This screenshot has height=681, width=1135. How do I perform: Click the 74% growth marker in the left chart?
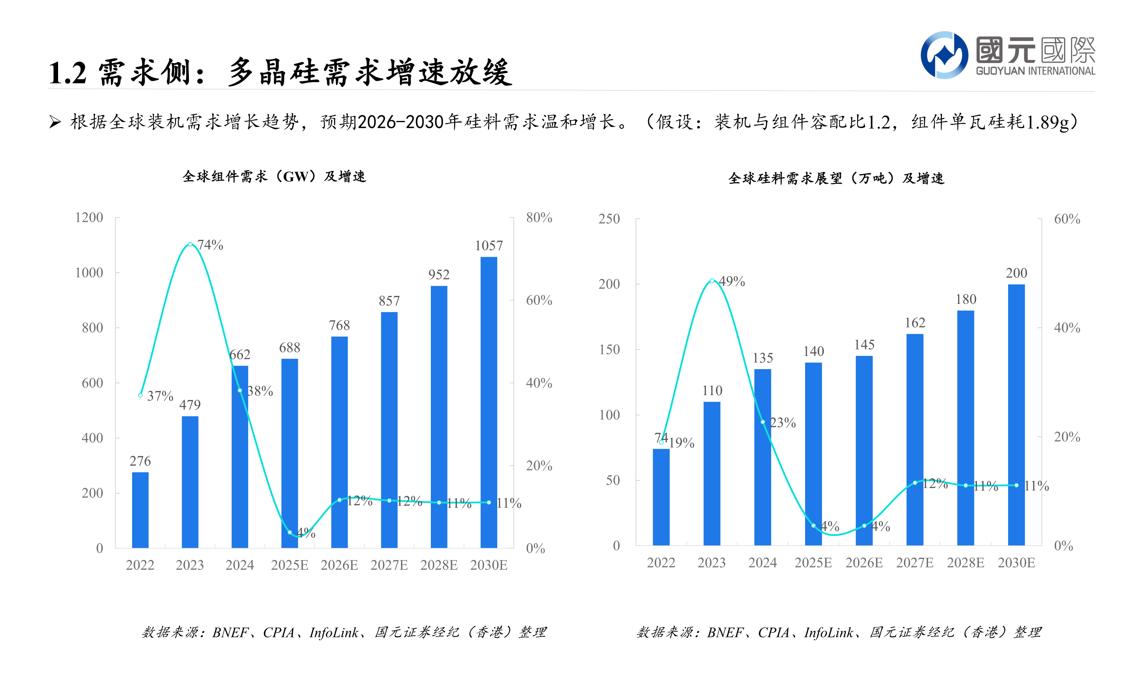point(190,244)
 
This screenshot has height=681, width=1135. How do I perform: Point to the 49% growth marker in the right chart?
point(711,280)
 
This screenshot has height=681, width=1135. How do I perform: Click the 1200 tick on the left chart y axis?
point(89,217)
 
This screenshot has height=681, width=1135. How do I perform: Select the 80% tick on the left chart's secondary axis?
point(538,217)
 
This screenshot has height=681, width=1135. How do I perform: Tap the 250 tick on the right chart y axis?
point(609,219)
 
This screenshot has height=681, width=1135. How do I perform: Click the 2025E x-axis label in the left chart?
point(289,565)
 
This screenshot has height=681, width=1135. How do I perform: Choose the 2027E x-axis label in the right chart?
point(914,562)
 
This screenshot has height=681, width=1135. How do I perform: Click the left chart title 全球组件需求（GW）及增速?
point(274,176)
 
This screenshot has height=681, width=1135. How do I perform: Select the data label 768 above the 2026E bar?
point(339,325)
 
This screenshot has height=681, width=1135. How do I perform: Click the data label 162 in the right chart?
point(914,323)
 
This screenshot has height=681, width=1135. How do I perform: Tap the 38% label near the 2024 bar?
point(260,391)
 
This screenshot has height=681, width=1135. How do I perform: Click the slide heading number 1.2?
point(67,73)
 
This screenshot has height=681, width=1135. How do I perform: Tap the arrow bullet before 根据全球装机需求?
point(55,122)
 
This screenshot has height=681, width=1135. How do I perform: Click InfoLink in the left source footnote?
point(333,633)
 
